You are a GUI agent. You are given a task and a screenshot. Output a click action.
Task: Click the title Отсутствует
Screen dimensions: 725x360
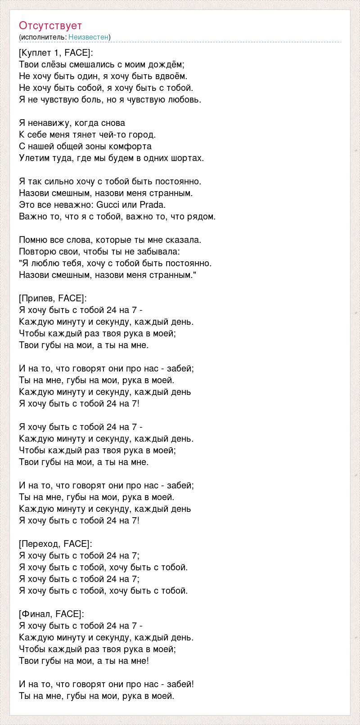pos(50,26)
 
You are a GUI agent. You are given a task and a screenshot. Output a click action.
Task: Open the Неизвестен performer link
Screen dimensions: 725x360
pos(89,37)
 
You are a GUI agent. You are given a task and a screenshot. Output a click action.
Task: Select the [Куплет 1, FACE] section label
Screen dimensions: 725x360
pos(56,53)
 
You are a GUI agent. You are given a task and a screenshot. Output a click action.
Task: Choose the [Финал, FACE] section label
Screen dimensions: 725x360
pos(51,614)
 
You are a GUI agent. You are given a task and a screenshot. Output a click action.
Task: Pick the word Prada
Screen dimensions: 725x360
pos(153,205)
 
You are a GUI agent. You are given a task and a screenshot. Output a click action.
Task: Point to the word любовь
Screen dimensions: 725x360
pos(184,99)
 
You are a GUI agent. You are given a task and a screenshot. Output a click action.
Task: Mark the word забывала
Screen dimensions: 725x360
pos(156,251)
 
